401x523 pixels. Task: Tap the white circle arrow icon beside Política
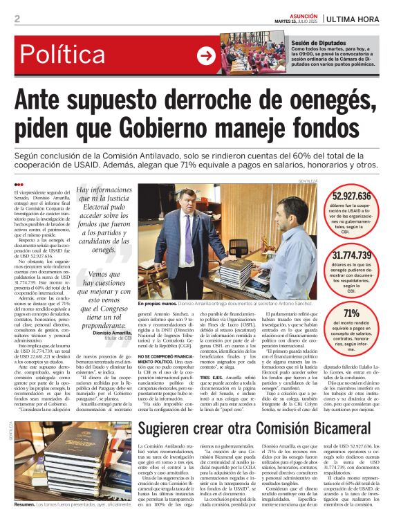[x=206, y=56]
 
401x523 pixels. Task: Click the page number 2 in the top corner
[x=17, y=19]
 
